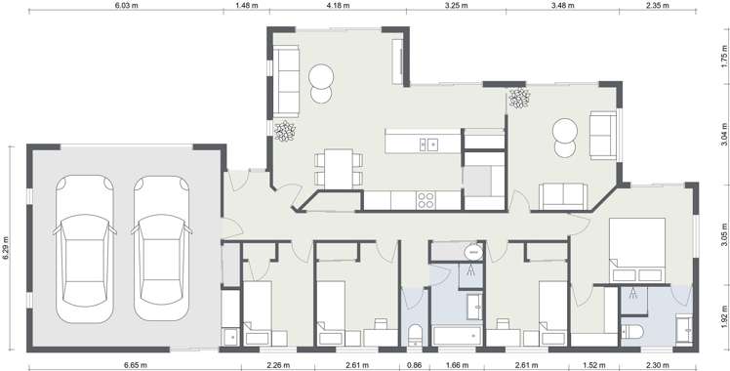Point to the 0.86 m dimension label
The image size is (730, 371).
(x=415, y=365)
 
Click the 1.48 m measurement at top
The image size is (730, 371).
(x=247, y=5)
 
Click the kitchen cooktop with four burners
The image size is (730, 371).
(x=426, y=199)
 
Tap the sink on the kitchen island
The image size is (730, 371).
(x=429, y=144)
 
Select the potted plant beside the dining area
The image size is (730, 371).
(x=284, y=131)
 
